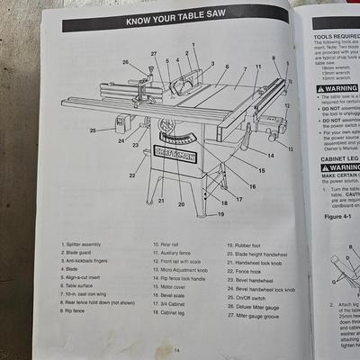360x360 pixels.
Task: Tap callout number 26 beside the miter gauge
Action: [x=126, y=63]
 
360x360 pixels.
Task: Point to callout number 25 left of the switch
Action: [x=93, y=131]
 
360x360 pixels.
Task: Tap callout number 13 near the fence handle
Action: [x=290, y=147]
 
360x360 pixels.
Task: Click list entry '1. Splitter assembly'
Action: [x=84, y=244]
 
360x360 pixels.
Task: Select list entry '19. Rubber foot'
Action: [x=259, y=244]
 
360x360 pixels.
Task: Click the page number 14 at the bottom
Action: [x=176, y=349]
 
